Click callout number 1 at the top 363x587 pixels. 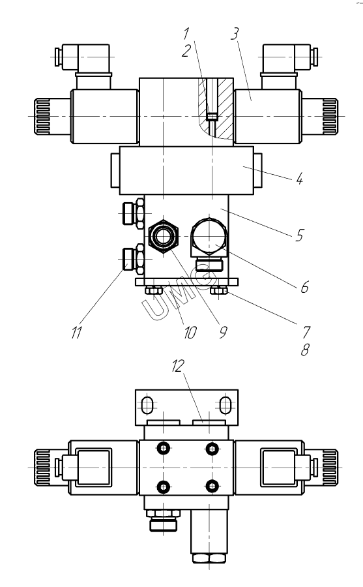[x=186, y=34]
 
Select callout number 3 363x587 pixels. [x=234, y=34]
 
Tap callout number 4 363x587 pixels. [x=299, y=179]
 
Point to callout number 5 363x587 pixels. [x=299, y=235]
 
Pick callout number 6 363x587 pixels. [x=304, y=287]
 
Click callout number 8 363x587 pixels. [x=305, y=350]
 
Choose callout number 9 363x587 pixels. [x=223, y=332]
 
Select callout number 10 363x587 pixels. [x=190, y=332]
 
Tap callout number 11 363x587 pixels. [x=76, y=332]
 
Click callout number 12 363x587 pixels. [x=178, y=366]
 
